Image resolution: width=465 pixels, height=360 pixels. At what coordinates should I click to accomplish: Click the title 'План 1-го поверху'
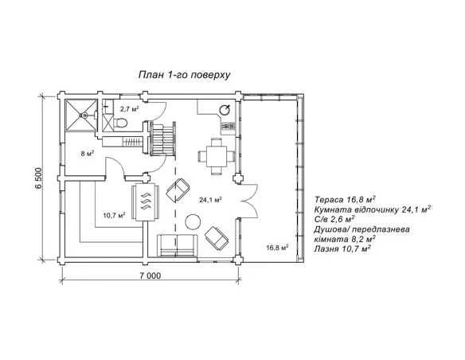click(x=184, y=75)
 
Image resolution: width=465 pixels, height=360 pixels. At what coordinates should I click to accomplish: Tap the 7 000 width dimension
click(x=150, y=276)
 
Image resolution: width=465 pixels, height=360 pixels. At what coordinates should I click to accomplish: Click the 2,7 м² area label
click(x=130, y=109)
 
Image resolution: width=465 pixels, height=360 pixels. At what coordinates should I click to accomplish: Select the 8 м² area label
click(x=88, y=154)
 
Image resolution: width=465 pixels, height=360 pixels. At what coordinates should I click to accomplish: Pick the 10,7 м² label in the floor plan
click(x=114, y=215)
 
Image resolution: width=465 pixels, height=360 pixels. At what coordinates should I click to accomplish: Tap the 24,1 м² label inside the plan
click(x=210, y=200)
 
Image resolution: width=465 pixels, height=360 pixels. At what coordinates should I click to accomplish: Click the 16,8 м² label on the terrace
click(x=277, y=248)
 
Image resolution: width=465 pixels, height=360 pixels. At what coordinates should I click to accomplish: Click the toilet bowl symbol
click(x=121, y=122)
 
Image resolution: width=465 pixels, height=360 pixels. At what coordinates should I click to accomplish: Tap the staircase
click(x=163, y=138)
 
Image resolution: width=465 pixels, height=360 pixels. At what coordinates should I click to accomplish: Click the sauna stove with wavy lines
click(x=145, y=202)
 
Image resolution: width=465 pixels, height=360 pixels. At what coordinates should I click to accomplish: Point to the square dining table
click(x=217, y=156)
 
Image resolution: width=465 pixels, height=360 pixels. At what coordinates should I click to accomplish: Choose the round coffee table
click(x=193, y=221)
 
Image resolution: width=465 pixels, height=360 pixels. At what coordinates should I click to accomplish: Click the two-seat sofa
click(x=178, y=245)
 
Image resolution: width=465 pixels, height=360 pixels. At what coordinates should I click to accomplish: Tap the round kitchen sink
click(x=225, y=111)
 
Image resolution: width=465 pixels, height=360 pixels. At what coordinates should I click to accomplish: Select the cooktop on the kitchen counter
click(x=229, y=126)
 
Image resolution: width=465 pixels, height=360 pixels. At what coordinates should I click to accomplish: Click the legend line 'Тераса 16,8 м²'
click(x=346, y=199)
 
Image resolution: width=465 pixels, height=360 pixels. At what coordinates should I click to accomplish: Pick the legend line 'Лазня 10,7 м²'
click(x=342, y=248)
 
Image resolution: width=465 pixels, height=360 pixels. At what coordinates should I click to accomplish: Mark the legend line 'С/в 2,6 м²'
click(x=334, y=219)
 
